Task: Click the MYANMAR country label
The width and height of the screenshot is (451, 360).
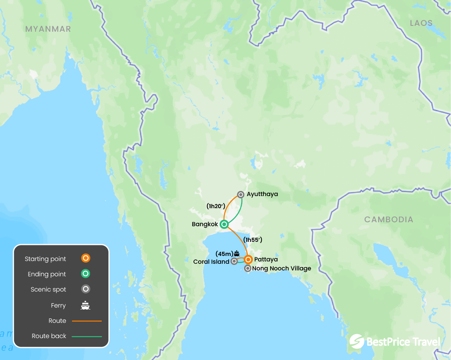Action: point(48,29)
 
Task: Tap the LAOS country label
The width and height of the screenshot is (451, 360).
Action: point(421,23)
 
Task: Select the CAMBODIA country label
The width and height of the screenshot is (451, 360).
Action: point(389,220)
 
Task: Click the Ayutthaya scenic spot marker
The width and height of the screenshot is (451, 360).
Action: point(241,194)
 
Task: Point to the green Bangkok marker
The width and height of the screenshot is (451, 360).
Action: point(224,224)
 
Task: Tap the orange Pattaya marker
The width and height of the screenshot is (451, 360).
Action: point(248,259)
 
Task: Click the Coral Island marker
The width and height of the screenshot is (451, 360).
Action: point(234,261)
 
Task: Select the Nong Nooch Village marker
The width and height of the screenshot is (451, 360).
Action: point(247,268)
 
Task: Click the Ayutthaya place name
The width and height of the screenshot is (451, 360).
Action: point(262,194)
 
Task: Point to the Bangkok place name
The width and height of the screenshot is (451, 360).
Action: point(205,224)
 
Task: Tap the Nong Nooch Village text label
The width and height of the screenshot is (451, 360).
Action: point(281,268)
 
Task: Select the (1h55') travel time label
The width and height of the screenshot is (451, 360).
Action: point(253,239)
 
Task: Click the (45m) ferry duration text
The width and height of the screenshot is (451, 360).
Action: point(224,254)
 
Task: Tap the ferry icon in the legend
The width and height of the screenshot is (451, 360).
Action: point(85,305)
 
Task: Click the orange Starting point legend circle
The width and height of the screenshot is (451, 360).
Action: point(85,258)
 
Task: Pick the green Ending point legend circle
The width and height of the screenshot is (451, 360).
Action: point(85,274)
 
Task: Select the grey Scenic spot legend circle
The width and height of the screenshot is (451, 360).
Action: point(85,289)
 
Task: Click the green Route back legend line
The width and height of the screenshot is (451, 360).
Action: point(87,336)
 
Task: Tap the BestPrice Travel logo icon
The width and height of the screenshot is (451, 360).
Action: point(357,341)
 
